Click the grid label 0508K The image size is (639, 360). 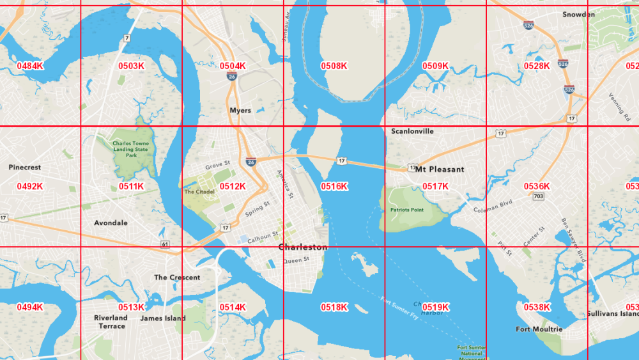tap(334, 66)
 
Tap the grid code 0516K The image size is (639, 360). tap(334, 186)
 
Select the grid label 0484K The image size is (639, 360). tap(30, 66)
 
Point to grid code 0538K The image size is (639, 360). tap(537, 307)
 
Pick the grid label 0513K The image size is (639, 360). tap(131, 307)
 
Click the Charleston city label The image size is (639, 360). tap(303, 247)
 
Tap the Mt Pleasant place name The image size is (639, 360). tap(440, 169)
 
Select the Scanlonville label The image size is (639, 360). tap(412, 131)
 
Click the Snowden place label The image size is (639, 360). tap(578, 14)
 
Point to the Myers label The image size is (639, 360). tap(240, 111)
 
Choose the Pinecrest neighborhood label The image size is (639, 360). tap(25, 167)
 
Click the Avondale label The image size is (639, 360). tap(111, 223)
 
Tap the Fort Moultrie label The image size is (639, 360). tap(539, 329)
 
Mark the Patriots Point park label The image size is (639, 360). tap(407, 210)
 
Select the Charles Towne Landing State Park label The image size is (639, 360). tap(130, 149)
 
